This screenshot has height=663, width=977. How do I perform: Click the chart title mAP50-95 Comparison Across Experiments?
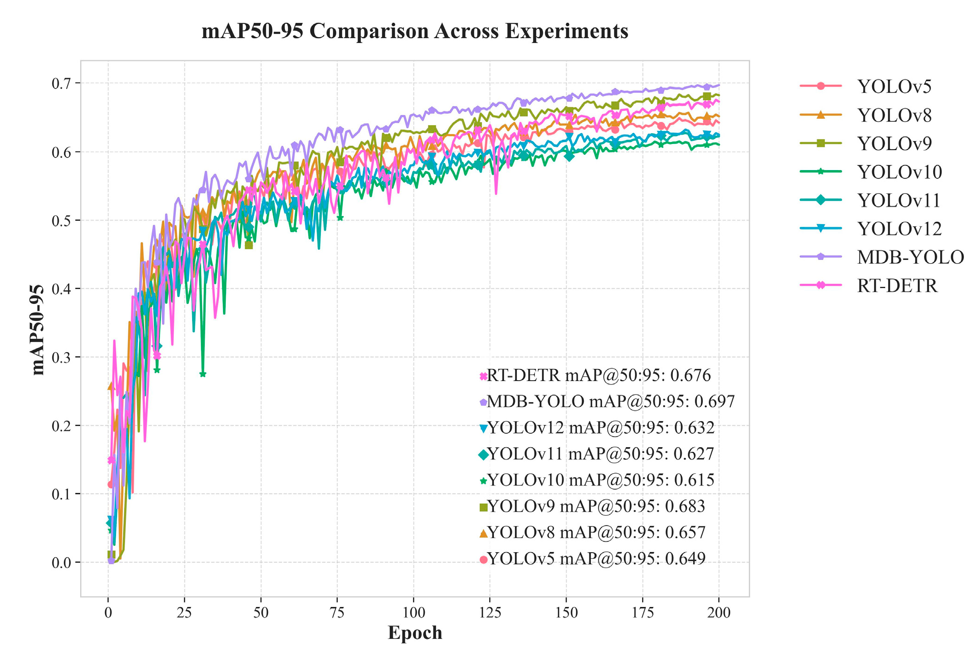coord(415,31)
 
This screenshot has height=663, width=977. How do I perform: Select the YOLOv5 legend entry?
coord(894,87)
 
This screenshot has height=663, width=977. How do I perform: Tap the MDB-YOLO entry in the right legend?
coord(910,257)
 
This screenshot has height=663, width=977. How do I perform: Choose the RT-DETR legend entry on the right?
coord(896,286)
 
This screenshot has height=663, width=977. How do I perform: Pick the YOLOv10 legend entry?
coord(899,172)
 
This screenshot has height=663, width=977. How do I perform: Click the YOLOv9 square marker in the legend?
coord(821,144)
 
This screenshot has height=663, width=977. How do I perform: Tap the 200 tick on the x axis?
coord(719,612)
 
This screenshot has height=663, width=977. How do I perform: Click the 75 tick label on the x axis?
coord(337,612)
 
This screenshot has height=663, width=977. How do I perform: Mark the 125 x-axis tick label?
coord(490,612)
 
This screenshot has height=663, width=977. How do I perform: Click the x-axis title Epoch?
coord(415,633)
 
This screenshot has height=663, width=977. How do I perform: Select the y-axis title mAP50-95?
coord(38,329)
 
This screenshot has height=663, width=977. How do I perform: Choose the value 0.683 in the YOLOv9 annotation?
coord(685,506)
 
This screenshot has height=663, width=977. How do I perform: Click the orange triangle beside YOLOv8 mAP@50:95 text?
coord(484,533)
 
